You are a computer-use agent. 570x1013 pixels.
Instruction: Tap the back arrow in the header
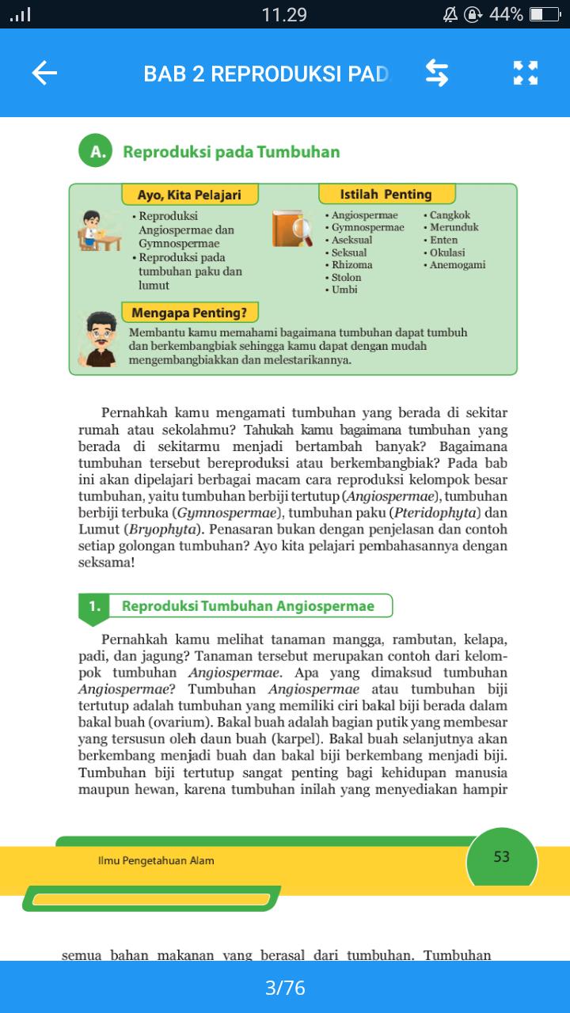pos(44,74)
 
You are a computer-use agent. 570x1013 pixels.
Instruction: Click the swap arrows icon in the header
pos(437,74)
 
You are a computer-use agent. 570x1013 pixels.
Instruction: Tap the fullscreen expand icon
pos(526,74)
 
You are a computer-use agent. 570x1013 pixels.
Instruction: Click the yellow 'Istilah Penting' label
pos(386,195)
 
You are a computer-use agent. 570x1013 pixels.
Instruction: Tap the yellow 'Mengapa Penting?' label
pos(189,312)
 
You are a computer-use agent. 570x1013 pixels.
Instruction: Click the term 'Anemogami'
pos(457,265)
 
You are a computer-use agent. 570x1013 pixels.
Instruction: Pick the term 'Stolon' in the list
pos(346,278)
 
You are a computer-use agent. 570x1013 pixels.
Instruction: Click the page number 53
pos(501,857)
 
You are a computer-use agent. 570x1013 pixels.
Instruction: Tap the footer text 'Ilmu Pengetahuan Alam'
pos(150,860)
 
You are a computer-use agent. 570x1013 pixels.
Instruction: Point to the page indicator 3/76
pos(285,988)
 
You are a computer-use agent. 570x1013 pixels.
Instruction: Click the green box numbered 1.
pos(94,607)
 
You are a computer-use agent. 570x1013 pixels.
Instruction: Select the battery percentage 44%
pos(505,14)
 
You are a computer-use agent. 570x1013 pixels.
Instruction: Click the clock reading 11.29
pos(284,14)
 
